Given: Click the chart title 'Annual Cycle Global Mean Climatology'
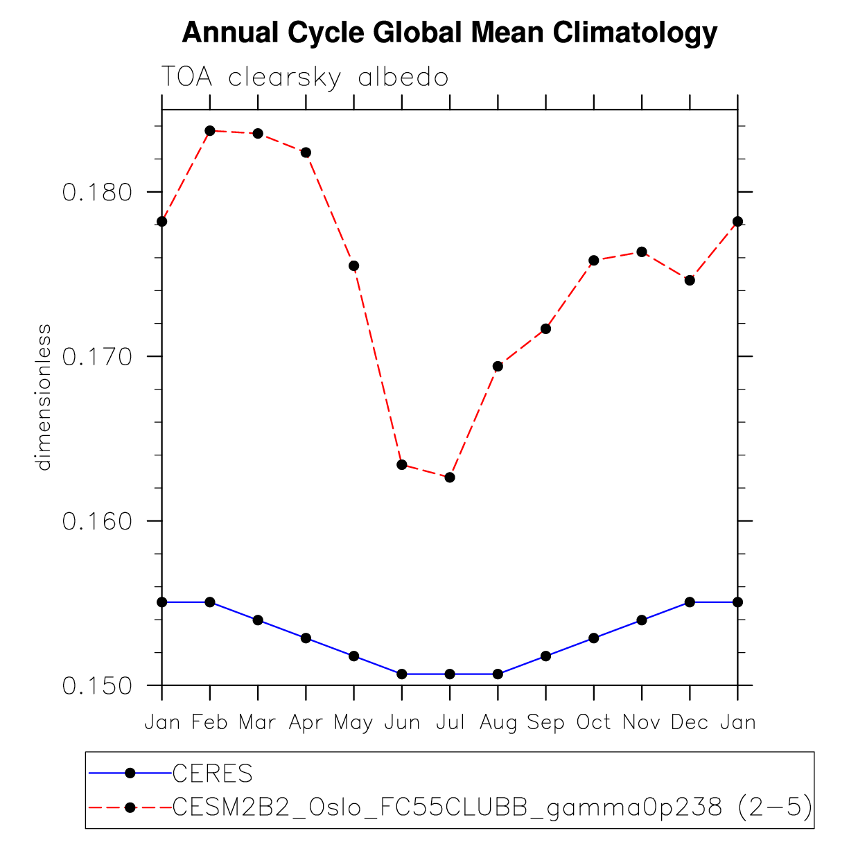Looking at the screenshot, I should click(449, 33).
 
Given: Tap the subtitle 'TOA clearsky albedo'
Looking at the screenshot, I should click(305, 77).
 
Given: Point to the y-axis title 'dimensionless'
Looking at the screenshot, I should click(44, 397).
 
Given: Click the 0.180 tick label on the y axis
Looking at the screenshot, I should click(97, 192).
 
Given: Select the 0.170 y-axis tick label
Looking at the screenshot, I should click(97, 357).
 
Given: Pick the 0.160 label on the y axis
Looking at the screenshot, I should click(97, 521).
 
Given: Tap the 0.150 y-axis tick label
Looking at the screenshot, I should click(97, 685).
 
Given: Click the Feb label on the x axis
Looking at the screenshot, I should click(209, 723).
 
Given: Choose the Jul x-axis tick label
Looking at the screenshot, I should click(450, 723).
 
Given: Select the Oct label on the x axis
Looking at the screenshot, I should click(593, 723).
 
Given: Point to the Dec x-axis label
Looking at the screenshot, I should click(690, 723).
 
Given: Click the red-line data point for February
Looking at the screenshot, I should click(210, 130).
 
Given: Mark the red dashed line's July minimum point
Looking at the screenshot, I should click(450, 478).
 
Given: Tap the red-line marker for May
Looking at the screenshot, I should click(353, 265).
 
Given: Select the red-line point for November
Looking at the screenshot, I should click(642, 252).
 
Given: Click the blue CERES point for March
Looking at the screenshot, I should click(258, 620).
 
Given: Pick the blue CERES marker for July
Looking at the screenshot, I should click(450, 674).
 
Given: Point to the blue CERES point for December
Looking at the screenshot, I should click(690, 602).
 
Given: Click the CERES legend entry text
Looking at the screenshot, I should click(213, 773).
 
